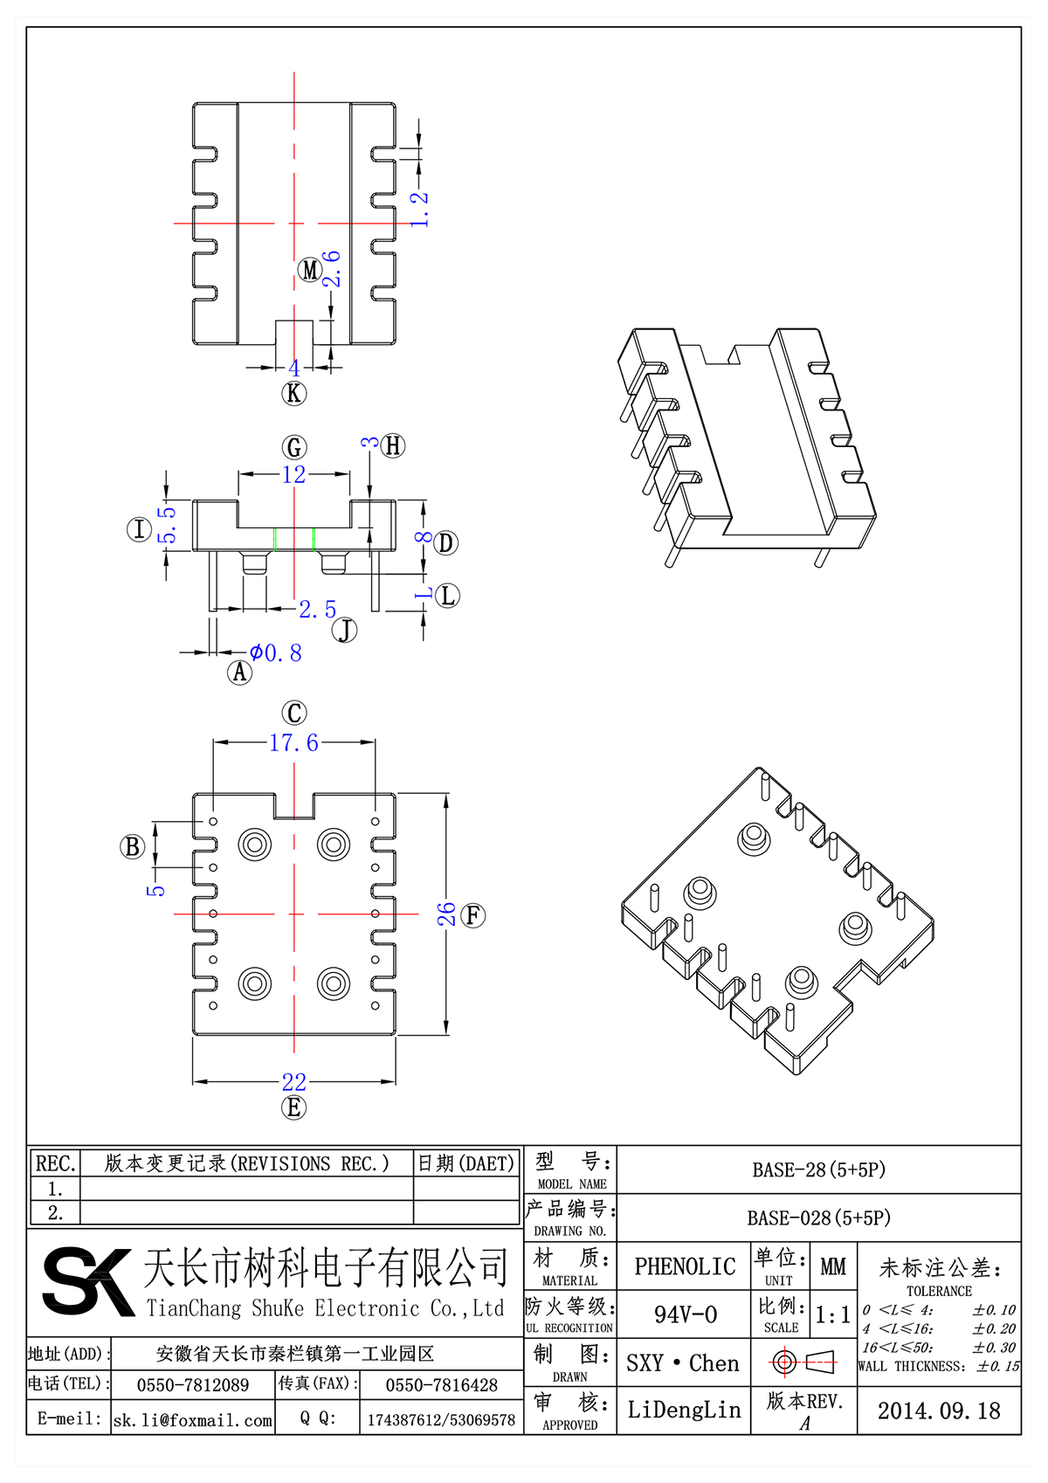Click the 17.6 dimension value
click(x=293, y=742)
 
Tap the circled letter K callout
click(x=294, y=393)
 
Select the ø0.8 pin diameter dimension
click(x=276, y=653)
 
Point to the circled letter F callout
click(x=473, y=915)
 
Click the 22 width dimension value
click(x=294, y=1082)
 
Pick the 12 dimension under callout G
click(x=294, y=474)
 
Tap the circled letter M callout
click(x=310, y=270)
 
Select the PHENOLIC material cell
click(x=685, y=1266)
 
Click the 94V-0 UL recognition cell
click(x=685, y=1314)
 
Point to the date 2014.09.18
click(x=939, y=1411)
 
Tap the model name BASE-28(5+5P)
click(x=818, y=1169)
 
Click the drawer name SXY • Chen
click(x=683, y=1362)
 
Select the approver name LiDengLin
click(x=684, y=1410)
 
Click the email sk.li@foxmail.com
click(x=193, y=1420)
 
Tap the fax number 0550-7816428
click(x=441, y=1385)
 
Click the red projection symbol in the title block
click(x=803, y=1362)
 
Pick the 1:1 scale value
click(x=832, y=1315)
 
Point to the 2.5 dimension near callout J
click(x=317, y=610)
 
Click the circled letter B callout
click(x=133, y=846)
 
